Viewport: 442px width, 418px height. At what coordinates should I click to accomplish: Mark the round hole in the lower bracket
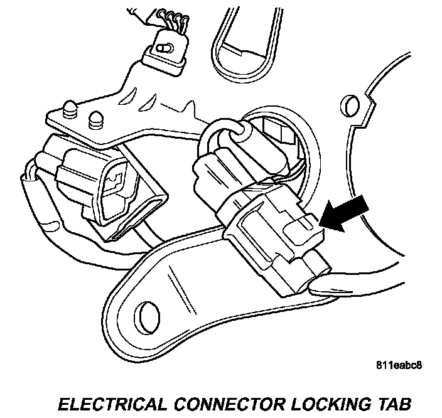pyautogui.click(x=144, y=312)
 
